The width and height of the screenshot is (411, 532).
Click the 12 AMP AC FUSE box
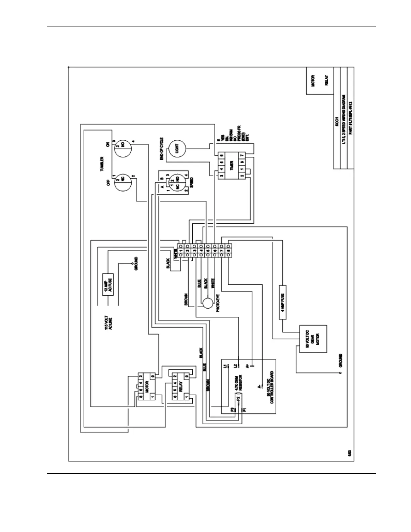pyautogui.click(x=108, y=284)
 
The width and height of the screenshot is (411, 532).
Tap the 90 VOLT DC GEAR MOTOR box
pyautogui.click(x=313, y=339)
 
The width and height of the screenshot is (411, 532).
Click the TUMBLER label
pyautogui.click(x=101, y=164)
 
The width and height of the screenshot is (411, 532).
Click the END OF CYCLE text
pyautogui.click(x=162, y=148)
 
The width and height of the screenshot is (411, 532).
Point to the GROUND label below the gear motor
pyautogui.click(x=340, y=360)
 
